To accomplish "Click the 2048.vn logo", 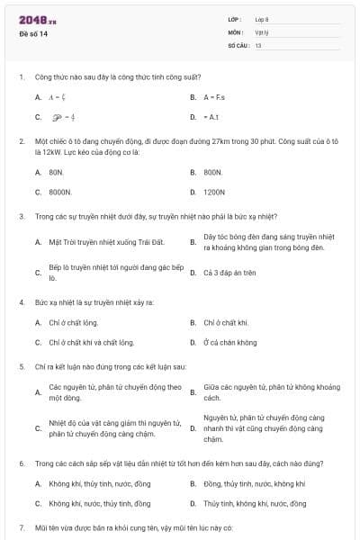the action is (x=37, y=20).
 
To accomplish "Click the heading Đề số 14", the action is (x=33, y=35).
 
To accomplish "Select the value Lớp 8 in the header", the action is (x=262, y=20).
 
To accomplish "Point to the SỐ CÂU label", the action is (x=238, y=45).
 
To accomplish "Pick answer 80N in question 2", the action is (x=56, y=171).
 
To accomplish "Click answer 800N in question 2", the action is (x=212, y=171).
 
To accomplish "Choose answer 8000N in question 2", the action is (x=59, y=192).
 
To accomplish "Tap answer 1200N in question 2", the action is (x=214, y=192).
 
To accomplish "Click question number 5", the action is (x=22, y=367).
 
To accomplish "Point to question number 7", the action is (x=22, y=526).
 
